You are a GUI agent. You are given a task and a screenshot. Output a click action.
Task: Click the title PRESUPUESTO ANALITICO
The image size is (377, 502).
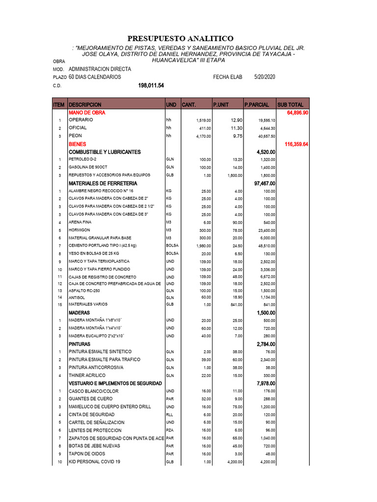(181, 38)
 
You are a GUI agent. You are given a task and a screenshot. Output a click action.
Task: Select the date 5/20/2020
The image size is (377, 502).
(265, 77)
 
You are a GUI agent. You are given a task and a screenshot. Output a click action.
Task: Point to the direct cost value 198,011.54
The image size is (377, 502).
(151, 85)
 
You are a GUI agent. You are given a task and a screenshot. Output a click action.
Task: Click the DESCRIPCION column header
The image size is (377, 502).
(85, 105)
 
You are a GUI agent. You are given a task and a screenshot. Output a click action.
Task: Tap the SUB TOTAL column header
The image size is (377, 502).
(291, 105)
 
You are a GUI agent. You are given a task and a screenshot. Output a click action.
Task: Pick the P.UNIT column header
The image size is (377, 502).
(221, 105)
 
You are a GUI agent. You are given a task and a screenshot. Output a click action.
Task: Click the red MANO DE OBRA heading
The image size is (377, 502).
(87, 113)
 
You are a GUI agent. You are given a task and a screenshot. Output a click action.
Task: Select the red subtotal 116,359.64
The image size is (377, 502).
(296, 144)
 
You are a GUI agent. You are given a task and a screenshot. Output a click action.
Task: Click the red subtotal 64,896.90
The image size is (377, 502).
(297, 113)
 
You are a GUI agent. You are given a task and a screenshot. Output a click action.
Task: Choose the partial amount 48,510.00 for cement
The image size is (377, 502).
(267, 246)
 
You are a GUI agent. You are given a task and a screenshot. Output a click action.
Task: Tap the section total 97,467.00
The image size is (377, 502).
(266, 183)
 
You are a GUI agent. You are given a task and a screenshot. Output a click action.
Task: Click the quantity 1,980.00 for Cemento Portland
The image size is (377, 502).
(202, 246)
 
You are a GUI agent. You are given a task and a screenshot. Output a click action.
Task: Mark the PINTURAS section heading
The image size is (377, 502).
(80, 344)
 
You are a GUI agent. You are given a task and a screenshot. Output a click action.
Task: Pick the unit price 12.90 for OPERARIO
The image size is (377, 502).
(236, 120)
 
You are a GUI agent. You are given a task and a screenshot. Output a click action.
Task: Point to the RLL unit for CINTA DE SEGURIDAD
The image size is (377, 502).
(170, 414)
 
